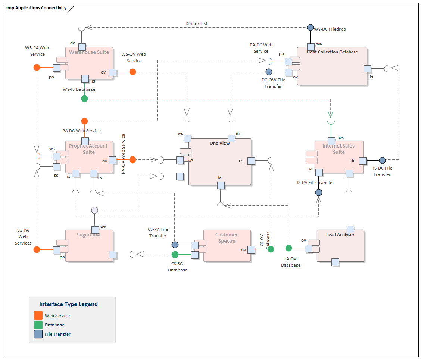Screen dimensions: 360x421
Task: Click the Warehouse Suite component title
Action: point(89,52)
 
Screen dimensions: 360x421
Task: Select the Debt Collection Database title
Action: point(332,52)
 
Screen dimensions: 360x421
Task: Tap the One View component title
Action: point(219,143)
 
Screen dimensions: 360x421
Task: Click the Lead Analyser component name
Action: point(340,235)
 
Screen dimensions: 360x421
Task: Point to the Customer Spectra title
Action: point(227,238)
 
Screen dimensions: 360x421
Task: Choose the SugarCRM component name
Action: point(88,235)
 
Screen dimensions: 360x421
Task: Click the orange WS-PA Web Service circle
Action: point(37,68)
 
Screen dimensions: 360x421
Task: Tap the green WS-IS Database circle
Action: point(85,99)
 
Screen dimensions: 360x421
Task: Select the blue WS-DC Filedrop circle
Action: point(310,28)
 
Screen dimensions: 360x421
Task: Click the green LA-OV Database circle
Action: point(289,248)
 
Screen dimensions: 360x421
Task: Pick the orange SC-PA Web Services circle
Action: point(37,249)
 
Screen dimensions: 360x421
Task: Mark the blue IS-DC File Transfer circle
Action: point(382,161)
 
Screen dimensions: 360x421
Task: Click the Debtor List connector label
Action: point(196,24)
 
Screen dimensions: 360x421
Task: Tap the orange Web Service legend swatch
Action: point(38,316)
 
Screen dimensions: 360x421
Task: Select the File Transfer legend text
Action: point(57,334)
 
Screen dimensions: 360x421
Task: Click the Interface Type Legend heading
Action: point(69,304)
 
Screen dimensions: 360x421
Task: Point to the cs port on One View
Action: point(251,161)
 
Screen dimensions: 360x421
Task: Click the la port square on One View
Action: point(221,185)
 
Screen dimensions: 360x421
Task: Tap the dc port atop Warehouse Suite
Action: point(82,47)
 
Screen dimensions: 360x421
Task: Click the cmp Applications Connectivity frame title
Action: point(36,8)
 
